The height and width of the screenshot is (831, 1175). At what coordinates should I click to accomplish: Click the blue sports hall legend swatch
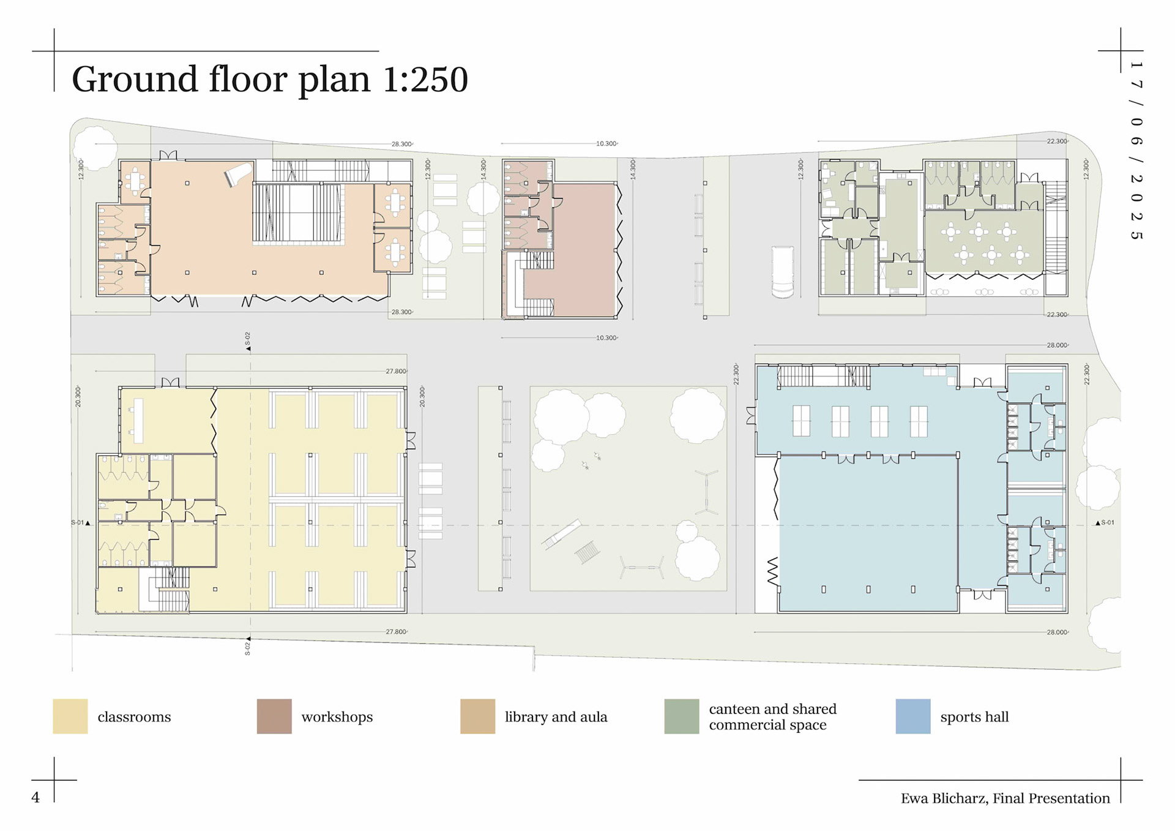click(x=912, y=716)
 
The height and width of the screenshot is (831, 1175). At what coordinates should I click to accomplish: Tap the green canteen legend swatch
click(x=681, y=716)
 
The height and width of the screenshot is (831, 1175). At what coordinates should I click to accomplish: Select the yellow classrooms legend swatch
click(x=70, y=716)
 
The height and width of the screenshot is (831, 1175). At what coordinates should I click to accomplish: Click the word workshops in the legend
click(x=337, y=716)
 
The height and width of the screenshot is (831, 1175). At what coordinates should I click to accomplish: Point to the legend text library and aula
click(x=556, y=716)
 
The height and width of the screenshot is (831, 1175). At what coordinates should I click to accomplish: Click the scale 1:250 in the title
click(x=425, y=79)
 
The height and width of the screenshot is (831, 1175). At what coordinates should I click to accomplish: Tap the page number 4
click(x=35, y=797)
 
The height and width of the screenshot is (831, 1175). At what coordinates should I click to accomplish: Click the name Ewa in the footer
click(x=914, y=798)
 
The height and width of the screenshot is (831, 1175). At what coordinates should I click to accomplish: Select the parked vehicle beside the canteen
click(x=782, y=272)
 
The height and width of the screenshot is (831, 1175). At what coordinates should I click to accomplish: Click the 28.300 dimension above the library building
click(x=401, y=144)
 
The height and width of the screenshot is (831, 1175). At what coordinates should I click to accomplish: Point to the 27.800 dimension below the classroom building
click(x=396, y=631)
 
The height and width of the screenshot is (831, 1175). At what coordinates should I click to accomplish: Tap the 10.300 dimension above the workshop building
click(x=606, y=143)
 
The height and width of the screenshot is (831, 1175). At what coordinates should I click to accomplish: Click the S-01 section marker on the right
click(x=1105, y=522)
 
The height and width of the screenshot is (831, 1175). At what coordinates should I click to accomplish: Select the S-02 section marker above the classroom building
click(x=248, y=341)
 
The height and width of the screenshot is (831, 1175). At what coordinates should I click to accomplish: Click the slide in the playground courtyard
click(x=561, y=534)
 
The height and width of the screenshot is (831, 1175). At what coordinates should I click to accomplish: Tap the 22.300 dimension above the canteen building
click(x=1057, y=141)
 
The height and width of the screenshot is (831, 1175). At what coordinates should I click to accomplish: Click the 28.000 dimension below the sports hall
click(x=1057, y=632)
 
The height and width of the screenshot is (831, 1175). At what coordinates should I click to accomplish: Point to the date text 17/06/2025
click(x=1136, y=150)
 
